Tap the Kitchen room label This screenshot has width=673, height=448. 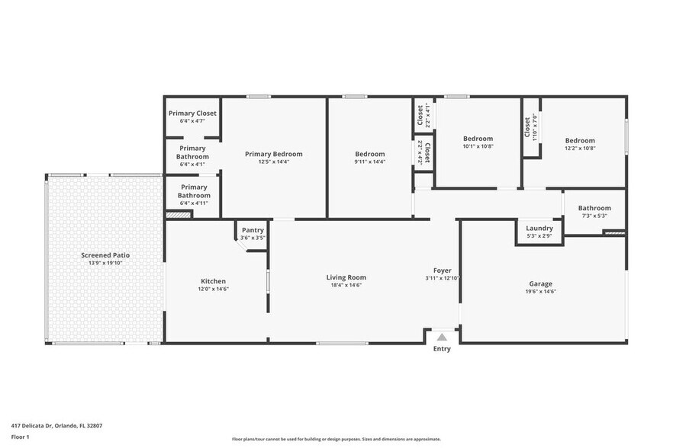tap(213, 281)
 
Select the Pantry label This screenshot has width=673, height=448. tap(253, 230)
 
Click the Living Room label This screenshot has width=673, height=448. tap(346, 277)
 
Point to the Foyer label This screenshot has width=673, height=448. tap(442, 270)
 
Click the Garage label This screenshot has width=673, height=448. tap(540, 283)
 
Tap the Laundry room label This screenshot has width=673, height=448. tap(539, 228)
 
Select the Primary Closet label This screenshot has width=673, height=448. tap(192, 113)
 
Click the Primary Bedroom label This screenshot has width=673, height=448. tap(273, 154)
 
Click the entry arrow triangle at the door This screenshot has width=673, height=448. tap(442, 337)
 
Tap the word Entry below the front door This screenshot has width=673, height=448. tap(442, 349)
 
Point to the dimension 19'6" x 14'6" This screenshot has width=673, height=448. tap(540, 292)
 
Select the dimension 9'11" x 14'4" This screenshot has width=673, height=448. tap(370, 162)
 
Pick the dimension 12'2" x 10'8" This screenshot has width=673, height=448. tap(580, 148)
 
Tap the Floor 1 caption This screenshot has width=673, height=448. tap(20, 437)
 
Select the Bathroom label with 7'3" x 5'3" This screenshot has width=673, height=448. tap(594, 208)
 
